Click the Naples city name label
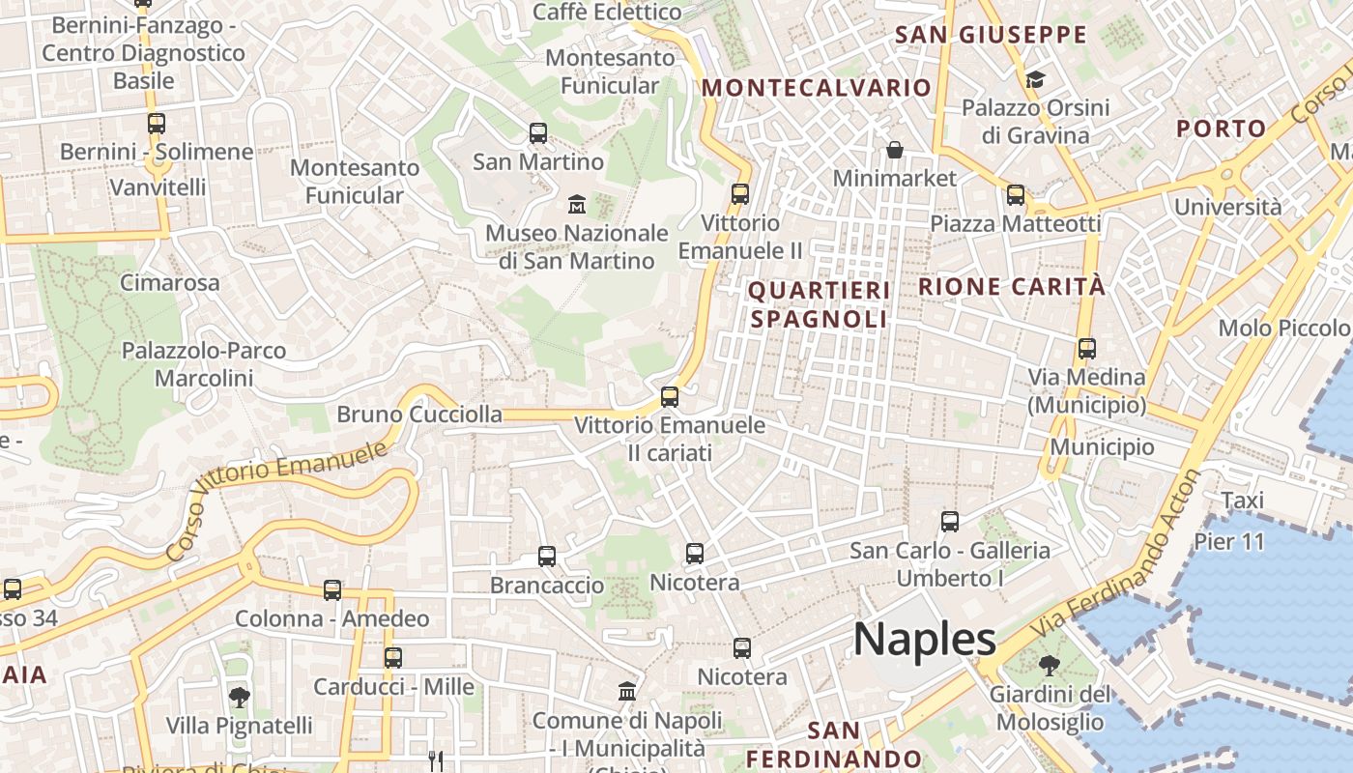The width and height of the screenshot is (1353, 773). coord(925,640)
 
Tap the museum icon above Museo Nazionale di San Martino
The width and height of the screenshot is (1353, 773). coord(577,204)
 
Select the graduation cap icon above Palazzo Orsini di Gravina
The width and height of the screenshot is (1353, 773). coord(1035,79)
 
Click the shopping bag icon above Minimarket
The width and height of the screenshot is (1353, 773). coord(895,150)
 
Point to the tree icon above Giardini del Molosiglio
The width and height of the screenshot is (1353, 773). coord(1049,666)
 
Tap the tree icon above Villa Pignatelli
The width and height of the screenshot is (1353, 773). coord(239,696)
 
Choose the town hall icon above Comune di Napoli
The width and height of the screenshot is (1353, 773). coord(627,692)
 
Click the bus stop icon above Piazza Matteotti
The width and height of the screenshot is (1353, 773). coord(1016,195)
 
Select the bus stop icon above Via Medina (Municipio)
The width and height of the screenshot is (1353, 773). coord(1087,349)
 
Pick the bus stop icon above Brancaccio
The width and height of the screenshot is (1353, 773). coord(547,557)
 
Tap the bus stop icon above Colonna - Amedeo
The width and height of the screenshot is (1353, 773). coord(332,589)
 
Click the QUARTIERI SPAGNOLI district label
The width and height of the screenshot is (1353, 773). coord(819,304)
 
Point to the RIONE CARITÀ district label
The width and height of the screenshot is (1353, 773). coord(1012,287)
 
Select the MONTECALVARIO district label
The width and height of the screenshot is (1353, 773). coord(817,88)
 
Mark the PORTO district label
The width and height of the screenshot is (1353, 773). coord(1221,129)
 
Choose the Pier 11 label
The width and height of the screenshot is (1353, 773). coord(1229,541)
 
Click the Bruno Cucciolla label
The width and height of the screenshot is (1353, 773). coord(419,415)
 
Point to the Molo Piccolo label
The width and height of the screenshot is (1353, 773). coord(1282,328)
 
